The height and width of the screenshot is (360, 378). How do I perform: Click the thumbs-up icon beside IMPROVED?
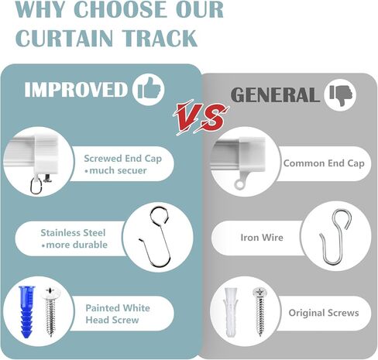pyautogui.click(x=149, y=90)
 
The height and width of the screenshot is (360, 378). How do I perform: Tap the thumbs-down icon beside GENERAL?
pyautogui.click(x=340, y=95)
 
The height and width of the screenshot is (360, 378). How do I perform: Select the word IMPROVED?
pyautogui.click(x=76, y=90)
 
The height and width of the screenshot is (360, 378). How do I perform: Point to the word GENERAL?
pyautogui.click(x=275, y=95)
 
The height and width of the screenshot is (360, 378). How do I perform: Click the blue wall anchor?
pyautogui.click(x=26, y=312)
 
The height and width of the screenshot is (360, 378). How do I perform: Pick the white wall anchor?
pyautogui.click(x=230, y=312)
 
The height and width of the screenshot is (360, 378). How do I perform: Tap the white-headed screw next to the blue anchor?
pyautogui.click(x=51, y=312)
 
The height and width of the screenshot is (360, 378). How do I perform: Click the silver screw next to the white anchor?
pyautogui.click(x=260, y=312)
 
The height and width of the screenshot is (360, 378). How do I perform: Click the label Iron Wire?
pyautogui.click(x=262, y=238)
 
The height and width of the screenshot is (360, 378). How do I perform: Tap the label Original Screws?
pyautogui.click(x=324, y=313)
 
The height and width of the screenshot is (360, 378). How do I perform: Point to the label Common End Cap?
pyautogui.click(x=324, y=163)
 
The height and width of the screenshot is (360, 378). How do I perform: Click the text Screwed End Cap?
pyautogui.click(x=123, y=159)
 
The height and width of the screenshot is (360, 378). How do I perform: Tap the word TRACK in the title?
pyautogui.click(x=160, y=38)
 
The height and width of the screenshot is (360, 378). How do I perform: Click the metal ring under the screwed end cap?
pyautogui.click(x=31, y=185)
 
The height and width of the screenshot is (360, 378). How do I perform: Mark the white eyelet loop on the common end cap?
pyautogui.click(x=239, y=183)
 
